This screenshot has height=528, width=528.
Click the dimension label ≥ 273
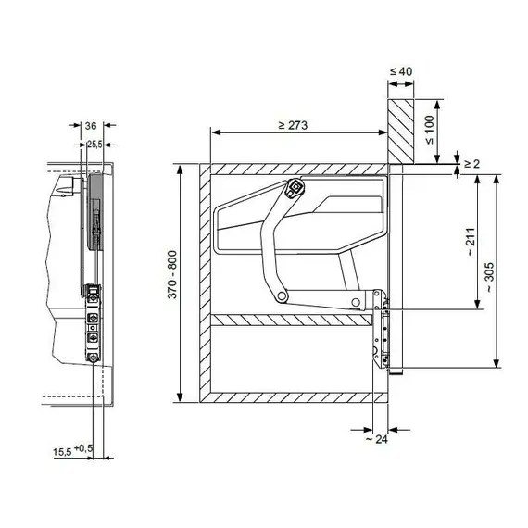(x=293, y=125)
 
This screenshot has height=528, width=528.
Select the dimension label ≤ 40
(x=401, y=71)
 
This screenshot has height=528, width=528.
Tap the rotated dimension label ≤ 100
(x=430, y=130)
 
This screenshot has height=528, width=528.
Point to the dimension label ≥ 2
(x=471, y=164)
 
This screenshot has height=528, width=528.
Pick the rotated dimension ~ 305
(x=489, y=277)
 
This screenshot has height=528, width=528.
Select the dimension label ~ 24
(x=376, y=439)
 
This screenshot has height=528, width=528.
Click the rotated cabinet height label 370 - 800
(x=172, y=274)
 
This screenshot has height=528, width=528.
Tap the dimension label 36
(x=91, y=126)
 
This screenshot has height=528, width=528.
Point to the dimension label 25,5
(x=94, y=145)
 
